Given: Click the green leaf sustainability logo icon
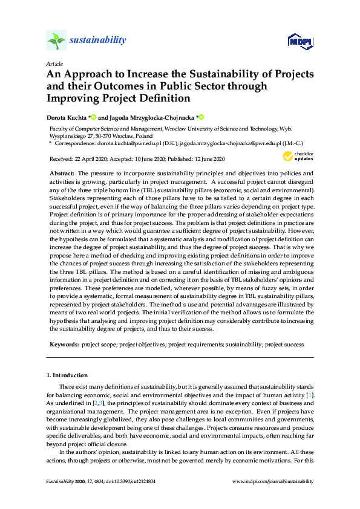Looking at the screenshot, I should pos(56,41).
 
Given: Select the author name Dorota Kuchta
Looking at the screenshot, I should pos(67,117).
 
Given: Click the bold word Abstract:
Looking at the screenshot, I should pos(62,173).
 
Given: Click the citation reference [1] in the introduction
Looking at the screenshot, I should pos(309,394).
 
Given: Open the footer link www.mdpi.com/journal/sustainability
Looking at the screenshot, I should pos(273,481).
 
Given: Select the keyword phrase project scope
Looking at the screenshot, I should pos(100,344).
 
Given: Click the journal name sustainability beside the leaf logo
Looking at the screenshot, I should pos(98,41).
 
